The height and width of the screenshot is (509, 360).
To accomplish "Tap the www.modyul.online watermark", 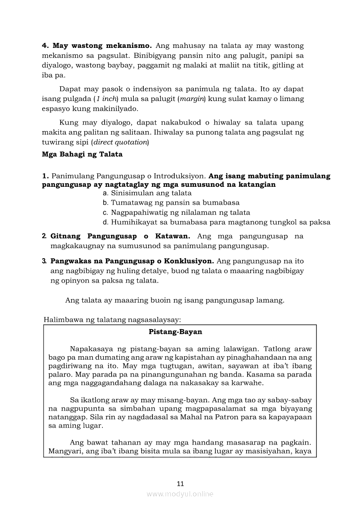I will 180,494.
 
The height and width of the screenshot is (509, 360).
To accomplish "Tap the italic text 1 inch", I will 102,99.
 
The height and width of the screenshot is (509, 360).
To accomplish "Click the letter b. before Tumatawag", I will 105,202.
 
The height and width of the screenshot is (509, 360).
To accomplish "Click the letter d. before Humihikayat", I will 105,222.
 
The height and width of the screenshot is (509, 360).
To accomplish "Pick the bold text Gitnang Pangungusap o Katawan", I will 120,236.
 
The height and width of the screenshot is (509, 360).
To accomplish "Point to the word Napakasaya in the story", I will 89,349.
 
